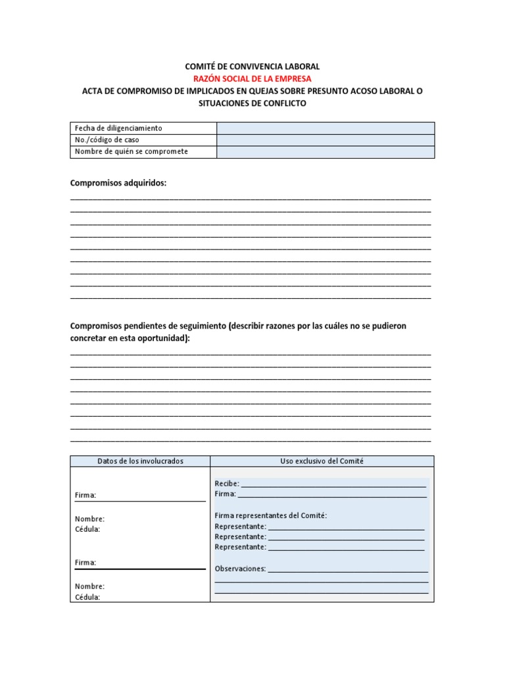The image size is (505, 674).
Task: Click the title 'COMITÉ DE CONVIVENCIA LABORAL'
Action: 252,66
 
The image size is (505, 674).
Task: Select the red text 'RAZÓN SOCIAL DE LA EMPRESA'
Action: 252,79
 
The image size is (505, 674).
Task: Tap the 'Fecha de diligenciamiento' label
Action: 118,128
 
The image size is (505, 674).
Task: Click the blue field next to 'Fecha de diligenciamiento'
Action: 325,128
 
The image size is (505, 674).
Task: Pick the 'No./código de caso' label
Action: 107,140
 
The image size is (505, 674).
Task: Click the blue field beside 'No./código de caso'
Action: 325,140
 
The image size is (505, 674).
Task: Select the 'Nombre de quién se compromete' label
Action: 132,152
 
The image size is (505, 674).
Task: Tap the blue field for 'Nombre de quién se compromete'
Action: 325,152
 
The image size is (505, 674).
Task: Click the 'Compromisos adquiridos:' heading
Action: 118,183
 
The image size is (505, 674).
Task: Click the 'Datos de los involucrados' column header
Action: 140,461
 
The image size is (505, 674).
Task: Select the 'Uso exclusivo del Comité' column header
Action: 322,461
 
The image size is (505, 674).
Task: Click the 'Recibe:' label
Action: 227,484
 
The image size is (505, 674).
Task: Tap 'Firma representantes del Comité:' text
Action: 270,516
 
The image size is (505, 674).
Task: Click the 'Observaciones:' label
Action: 240,569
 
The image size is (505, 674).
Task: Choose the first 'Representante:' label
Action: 240,527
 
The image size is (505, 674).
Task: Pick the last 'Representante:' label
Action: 240,547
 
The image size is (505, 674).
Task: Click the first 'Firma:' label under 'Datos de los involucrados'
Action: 85,496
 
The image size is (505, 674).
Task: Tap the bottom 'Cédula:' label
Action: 87,598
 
